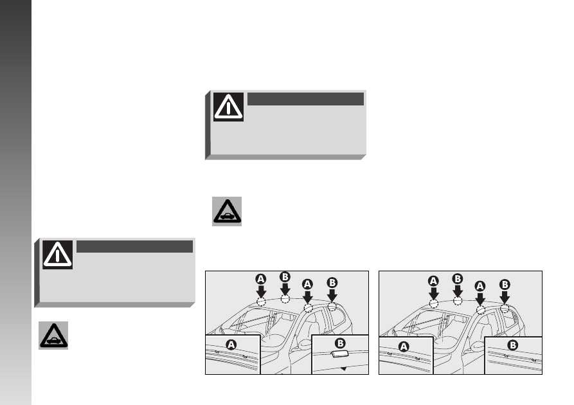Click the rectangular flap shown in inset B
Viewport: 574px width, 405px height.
pyautogui.click(x=340, y=354)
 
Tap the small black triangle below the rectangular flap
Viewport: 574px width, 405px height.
pyautogui.click(x=343, y=369)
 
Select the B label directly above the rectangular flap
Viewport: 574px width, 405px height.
pyautogui.click(x=340, y=343)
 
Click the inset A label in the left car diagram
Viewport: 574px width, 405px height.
pyautogui.click(x=231, y=345)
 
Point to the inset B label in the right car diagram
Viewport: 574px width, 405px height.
pyautogui.click(x=512, y=345)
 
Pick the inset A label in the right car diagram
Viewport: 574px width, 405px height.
pyautogui.click(x=404, y=346)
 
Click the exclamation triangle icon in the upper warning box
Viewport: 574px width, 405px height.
pyautogui.click(x=228, y=107)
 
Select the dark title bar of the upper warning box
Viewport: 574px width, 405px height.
pyautogui.click(x=306, y=99)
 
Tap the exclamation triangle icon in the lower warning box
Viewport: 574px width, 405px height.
pyautogui.click(x=57, y=255)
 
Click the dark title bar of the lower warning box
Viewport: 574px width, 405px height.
pyautogui.click(x=135, y=246)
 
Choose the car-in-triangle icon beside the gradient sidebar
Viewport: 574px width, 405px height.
pyautogui.click(x=53, y=336)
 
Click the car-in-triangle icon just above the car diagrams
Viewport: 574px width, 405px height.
pyautogui.click(x=227, y=212)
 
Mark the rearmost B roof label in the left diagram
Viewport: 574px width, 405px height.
pyautogui.click(x=332, y=283)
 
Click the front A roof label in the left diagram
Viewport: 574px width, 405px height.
pyautogui.click(x=260, y=280)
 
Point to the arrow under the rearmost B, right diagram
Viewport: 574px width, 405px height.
pyautogui.click(x=505, y=298)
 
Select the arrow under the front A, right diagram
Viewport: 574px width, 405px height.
pyautogui.click(x=433, y=294)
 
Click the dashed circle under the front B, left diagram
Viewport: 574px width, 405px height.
pyautogui.click(x=285, y=299)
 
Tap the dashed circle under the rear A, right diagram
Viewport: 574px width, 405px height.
pyautogui.click(x=481, y=310)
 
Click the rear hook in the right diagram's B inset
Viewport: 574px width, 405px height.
pyautogui.click(x=534, y=361)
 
